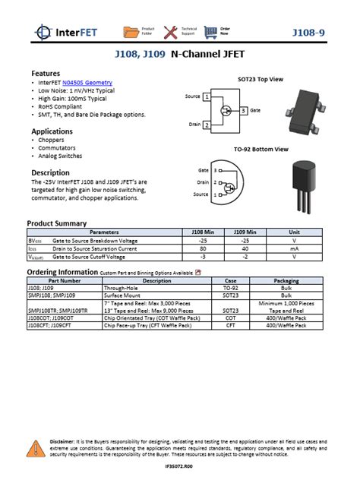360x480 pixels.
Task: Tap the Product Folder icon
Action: coord(131,31)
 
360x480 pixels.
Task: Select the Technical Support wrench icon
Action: coord(171,31)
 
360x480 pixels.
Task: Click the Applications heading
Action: coord(52,131)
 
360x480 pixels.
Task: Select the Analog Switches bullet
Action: coord(58,156)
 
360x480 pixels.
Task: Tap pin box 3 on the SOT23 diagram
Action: coord(243,111)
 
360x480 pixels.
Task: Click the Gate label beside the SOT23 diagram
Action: coord(255,111)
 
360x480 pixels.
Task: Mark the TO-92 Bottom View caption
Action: coord(261,150)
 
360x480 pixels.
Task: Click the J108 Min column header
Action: coord(203,232)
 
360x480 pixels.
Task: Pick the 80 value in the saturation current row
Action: coord(203,248)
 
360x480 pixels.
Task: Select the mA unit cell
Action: coord(294,248)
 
